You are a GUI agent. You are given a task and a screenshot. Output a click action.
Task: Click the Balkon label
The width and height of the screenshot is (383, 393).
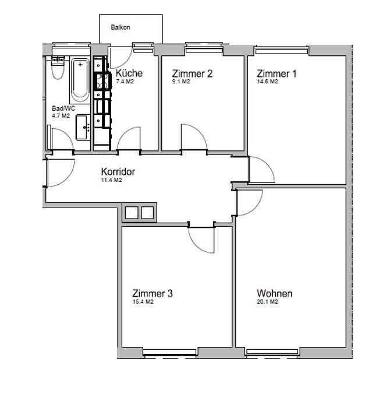coord(120,27)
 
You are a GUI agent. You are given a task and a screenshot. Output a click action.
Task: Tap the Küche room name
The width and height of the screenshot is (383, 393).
coord(129,73)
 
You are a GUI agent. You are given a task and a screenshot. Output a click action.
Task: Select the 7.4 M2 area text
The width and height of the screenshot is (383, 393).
coord(125,82)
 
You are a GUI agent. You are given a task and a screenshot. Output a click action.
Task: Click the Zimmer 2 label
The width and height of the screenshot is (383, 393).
coord(193,73)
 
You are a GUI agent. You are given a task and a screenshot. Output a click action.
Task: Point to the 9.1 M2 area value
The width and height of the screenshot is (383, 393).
coord(181,82)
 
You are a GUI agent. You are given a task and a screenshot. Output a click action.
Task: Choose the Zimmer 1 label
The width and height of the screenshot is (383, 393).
coord(276,73)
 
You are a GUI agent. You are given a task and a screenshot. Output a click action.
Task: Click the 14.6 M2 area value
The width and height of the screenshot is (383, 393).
coord(267,82)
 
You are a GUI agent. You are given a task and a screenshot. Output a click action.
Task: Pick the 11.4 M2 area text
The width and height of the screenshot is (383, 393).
coord(112,180)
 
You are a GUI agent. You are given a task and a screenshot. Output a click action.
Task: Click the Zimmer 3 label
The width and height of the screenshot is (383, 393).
coord(153,293)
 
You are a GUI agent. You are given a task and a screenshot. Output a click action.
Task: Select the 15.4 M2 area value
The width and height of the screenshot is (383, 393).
coord(143,301)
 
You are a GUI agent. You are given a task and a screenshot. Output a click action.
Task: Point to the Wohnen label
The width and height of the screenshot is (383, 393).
coord(274,293)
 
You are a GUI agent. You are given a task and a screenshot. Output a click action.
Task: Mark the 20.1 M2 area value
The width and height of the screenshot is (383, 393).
coord(267,301)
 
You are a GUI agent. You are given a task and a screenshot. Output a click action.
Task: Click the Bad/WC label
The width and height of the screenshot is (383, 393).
coord(63,108)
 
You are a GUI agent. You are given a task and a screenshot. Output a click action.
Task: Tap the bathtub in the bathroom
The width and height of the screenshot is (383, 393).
coord(80,80)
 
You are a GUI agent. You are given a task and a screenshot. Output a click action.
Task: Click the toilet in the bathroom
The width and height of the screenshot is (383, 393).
coord(58,69)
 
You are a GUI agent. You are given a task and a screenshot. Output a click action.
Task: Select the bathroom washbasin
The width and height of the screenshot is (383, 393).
coord(83,127)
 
